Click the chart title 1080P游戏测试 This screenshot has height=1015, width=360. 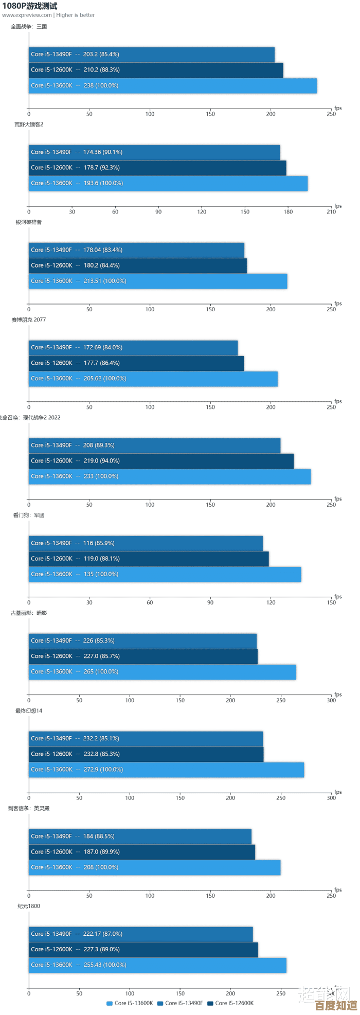30,6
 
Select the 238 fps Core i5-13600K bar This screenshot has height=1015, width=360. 172,86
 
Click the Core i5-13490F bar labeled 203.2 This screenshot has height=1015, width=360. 151,55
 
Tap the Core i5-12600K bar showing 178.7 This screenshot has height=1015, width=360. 157,168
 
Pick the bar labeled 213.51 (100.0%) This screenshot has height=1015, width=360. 157,281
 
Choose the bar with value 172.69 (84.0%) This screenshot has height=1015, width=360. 133,348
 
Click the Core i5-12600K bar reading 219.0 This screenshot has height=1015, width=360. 161,461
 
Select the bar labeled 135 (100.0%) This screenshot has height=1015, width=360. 165,574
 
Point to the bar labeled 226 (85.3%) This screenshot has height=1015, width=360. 142,641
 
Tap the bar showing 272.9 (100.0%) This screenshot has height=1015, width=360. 166,770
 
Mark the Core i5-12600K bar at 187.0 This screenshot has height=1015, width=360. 141,852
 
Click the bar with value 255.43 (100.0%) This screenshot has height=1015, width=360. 157,965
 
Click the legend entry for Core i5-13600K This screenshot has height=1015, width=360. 130,1003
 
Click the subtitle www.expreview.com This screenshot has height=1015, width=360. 27,15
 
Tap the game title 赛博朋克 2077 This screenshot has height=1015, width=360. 29,320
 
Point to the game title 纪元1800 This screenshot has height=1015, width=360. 29,906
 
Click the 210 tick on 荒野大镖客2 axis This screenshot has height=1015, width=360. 331,212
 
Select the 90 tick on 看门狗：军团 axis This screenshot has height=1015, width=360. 210,602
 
